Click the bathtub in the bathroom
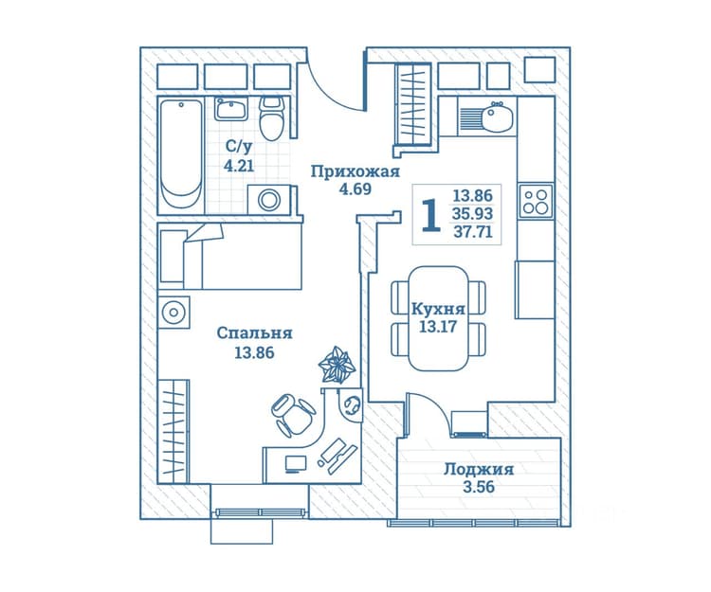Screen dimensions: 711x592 [181, 154]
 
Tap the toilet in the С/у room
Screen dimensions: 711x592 [272, 118]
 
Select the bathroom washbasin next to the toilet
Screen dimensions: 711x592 [231, 109]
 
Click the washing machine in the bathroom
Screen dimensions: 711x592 [269, 199]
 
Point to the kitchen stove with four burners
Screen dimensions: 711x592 [536, 201]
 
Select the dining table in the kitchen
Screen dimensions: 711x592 [439, 318]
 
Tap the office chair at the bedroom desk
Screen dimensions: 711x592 [293, 414]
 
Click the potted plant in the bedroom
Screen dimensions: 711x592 [336, 365]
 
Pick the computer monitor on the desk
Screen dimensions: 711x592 [296, 464]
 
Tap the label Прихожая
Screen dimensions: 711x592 [355, 172]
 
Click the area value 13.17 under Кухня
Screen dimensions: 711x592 [437, 326]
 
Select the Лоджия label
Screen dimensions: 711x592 [479, 469]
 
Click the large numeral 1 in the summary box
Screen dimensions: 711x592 [430, 215]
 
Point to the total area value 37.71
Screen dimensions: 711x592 [473, 232]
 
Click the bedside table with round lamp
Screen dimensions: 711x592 [173, 312]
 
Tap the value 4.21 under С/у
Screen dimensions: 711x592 [239, 166]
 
